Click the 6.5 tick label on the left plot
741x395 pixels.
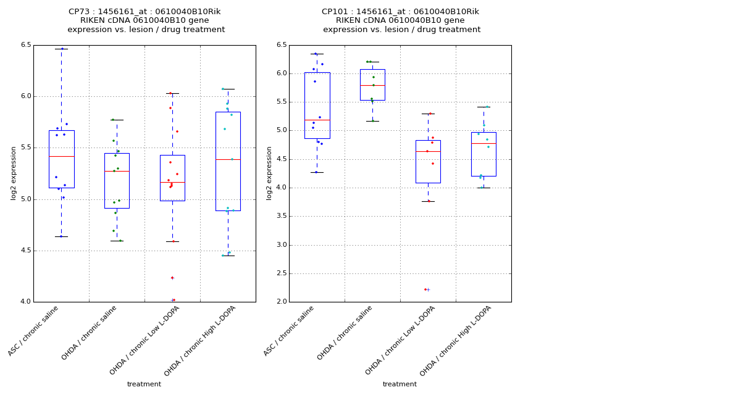(25, 45)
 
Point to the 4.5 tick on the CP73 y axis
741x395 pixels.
(25, 251)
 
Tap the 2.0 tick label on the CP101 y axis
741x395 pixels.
(281, 302)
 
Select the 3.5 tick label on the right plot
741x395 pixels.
(281, 216)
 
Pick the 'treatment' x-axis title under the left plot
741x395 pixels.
(144, 385)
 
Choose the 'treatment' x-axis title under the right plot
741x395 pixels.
(400, 385)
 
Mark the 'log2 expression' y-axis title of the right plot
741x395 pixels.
(269, 173)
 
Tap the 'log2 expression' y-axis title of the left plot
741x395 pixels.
(14, 173)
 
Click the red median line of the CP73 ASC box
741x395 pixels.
(61, 156)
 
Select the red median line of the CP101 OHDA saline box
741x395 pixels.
(372, 85)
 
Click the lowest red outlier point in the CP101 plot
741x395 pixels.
(425, 289)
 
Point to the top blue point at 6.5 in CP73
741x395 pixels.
(62, 49)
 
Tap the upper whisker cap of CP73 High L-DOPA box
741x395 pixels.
(228, 89)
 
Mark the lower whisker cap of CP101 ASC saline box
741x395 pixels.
(317, 172)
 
